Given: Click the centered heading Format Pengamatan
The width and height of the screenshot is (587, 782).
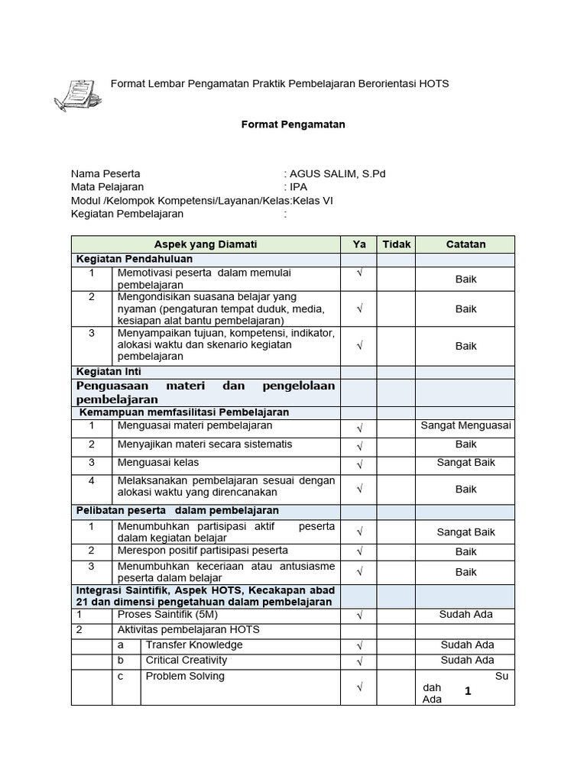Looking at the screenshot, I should click(x=293, y=124).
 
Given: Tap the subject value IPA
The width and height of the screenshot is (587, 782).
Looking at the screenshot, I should click(x=297, y=187).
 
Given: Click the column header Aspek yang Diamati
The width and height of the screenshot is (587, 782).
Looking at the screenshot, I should click(x=206, y=244).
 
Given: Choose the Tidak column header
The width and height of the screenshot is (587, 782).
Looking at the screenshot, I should click(x=397, y=244).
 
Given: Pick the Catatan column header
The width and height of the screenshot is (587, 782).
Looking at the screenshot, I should click(x=465, y=244).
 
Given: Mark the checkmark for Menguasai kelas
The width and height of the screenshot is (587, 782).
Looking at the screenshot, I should click(x=359, y=464).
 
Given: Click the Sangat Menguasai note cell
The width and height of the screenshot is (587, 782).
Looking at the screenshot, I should click(x=465, y=426).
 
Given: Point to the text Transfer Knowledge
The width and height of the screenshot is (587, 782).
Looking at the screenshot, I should click(x=194, y=645).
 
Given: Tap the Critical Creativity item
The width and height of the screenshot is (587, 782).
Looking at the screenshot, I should click(x=186, y=660).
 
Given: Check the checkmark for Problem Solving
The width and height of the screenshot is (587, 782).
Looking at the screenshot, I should click(x=359, y=688).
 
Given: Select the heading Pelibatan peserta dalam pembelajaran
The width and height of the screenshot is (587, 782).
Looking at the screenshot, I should click(x=177, y=510).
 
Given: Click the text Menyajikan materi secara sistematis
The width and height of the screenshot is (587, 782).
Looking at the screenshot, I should click(x=205, y=444).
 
